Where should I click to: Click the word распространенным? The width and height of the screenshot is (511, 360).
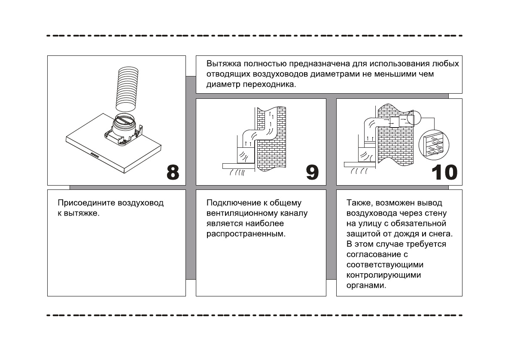(x=246, y=234)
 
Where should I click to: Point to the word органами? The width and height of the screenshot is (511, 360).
(x=366, y=286)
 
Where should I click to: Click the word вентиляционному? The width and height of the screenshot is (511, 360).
(x=240, y=214)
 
